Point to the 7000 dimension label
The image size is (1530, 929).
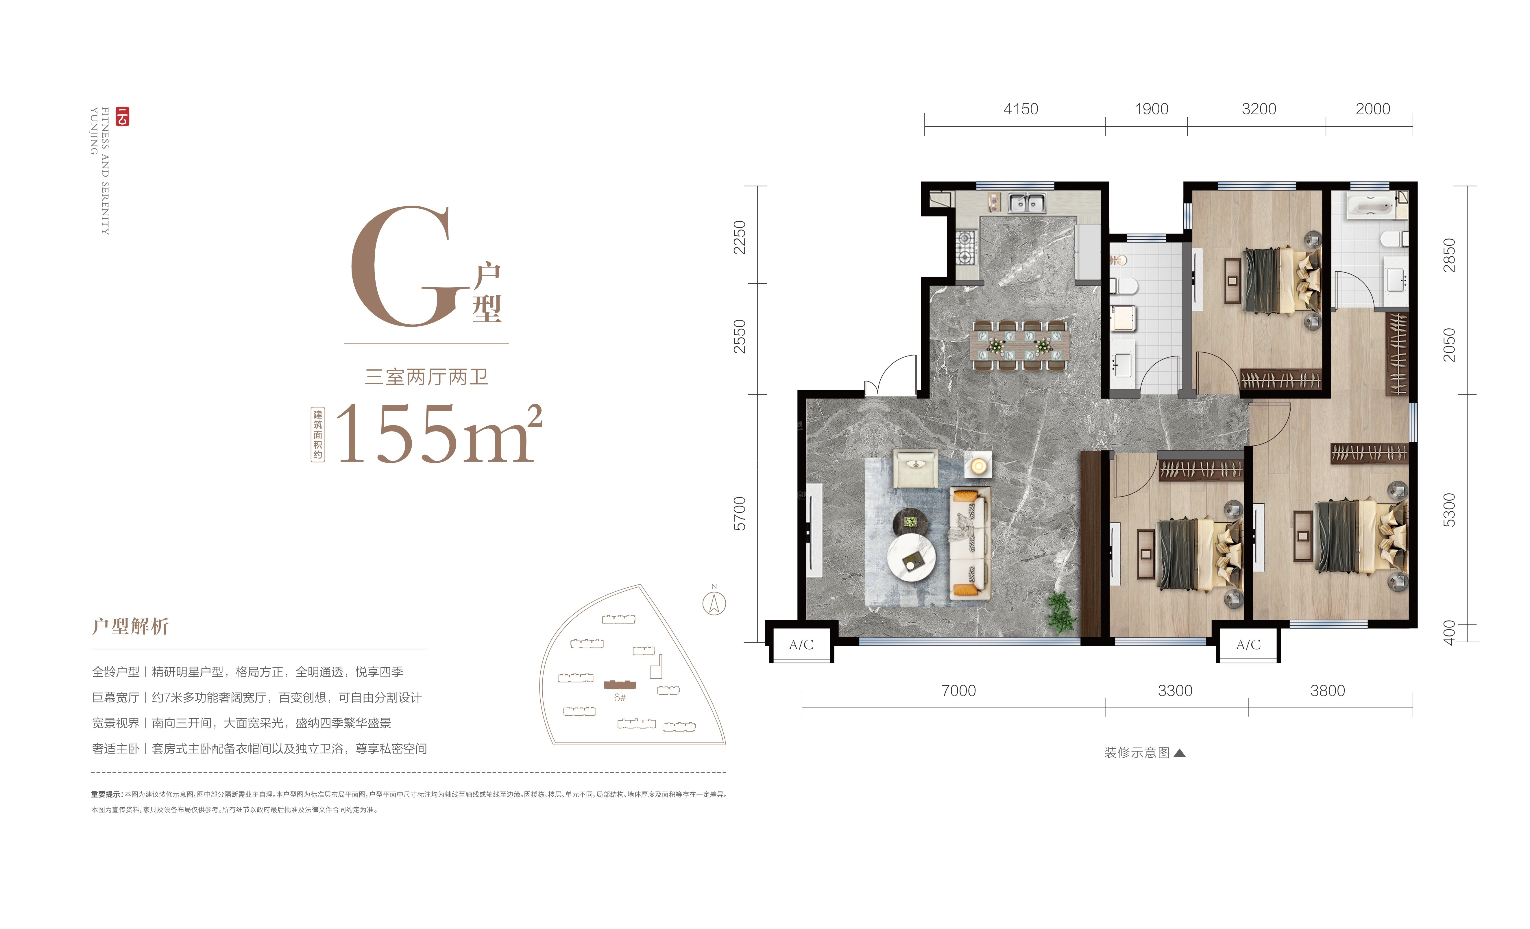[958, 691]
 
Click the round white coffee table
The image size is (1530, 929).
[911, 558]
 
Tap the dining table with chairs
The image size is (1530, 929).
[1020, 345]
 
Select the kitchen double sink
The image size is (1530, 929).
[1026, 203]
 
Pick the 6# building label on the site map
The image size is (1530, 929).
[620, 697]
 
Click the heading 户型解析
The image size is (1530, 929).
[130, 626]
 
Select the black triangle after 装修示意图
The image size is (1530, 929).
[1180, 753]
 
